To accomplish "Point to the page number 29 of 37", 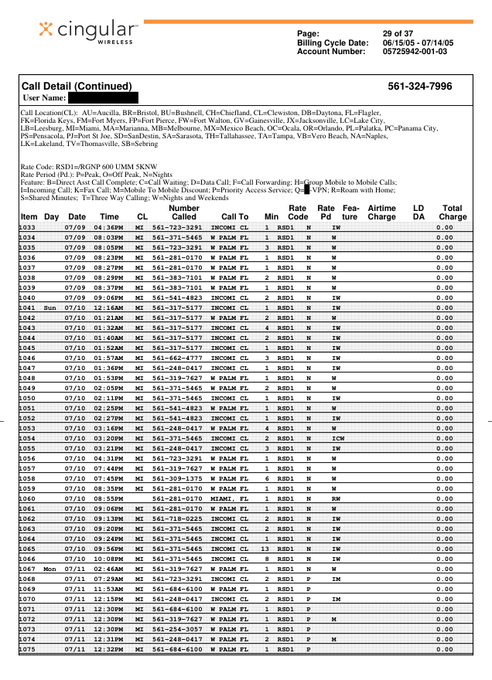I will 398,34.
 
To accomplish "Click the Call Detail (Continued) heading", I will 77,87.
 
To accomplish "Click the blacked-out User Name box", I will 103,98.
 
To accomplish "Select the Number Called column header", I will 184,212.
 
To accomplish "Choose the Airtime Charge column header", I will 381,212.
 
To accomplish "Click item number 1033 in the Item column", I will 28,227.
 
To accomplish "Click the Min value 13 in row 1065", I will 266,549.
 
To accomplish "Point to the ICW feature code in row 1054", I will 337,438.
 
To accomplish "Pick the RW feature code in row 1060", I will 336,498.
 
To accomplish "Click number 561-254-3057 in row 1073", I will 177,629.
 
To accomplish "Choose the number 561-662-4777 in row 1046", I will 177,358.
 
